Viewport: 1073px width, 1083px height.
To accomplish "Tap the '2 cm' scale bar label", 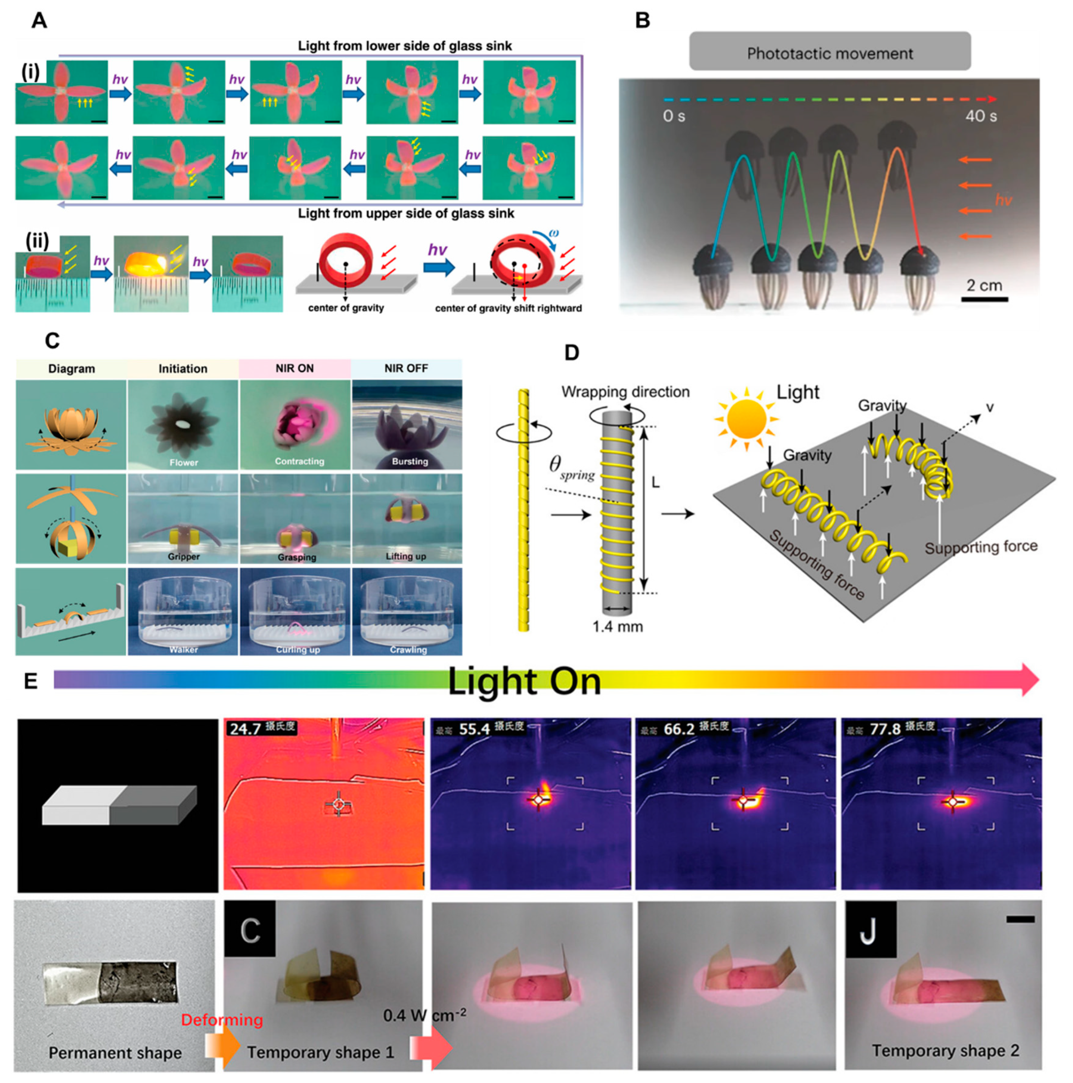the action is (x=984, y=285).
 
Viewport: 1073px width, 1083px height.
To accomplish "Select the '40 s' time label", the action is (x=980, y=116).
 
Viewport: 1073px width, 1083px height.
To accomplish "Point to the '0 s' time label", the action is (x=673, y=116).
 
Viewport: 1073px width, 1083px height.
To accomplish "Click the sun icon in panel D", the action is (x=747, y=418).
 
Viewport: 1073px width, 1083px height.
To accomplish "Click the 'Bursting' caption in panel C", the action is (x=410, y=461).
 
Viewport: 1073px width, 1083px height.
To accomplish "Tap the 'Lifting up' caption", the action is (x=406, y=556).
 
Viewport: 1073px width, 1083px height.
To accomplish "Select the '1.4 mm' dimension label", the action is (x=617, y=627).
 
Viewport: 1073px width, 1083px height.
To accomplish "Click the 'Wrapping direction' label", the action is (x=625, y=392).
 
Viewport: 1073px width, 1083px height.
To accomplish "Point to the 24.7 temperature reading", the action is (x=246, y=729).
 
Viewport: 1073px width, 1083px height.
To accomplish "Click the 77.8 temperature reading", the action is (x=885, y=729).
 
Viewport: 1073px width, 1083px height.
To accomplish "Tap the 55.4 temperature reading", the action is (x=474, y=729).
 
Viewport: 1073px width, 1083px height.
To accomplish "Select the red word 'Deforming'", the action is (x=222, y=1020).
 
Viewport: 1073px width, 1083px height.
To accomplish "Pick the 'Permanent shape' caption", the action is (x=115, y=1053).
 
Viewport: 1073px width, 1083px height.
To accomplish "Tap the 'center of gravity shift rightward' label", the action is (x=508, y=308).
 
